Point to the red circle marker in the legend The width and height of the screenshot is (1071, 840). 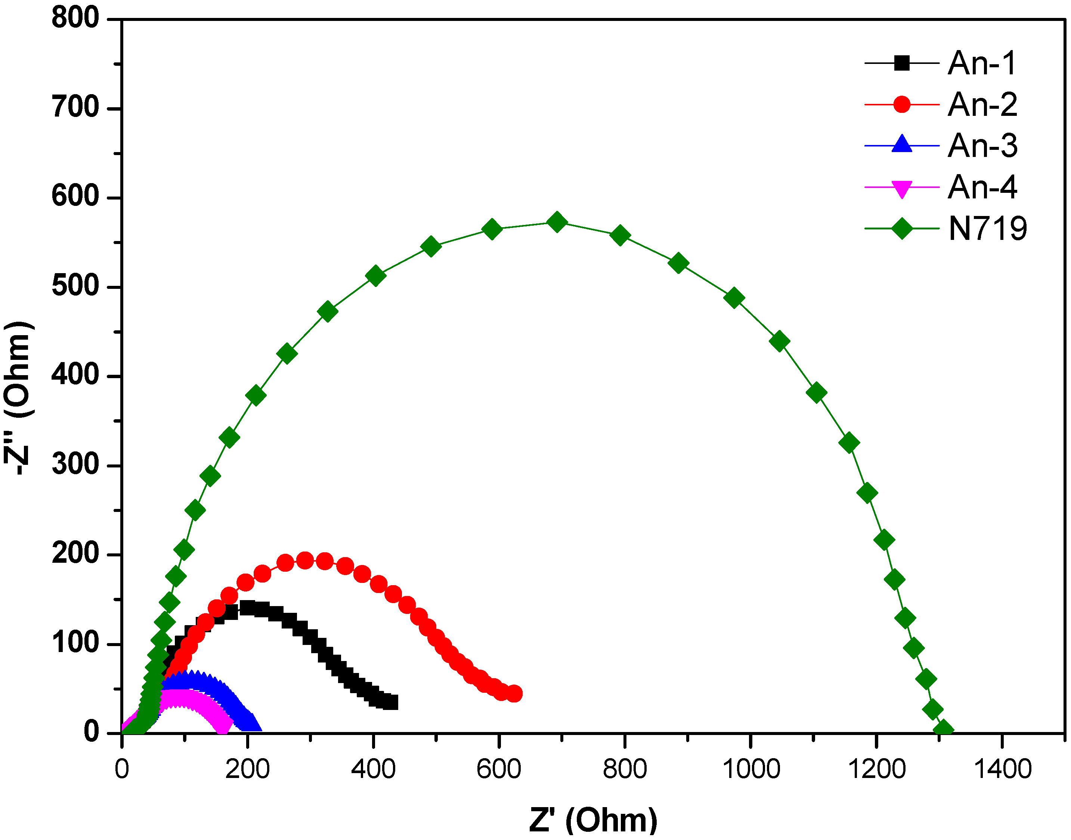click(x=902, y=104)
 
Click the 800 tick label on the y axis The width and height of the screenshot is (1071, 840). click(x=75, y=18)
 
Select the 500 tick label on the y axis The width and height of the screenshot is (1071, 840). click(x=75, y=286)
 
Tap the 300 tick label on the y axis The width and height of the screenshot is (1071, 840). click(x=75, y=465)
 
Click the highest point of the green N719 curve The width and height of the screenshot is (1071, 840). click(x=557, y=222)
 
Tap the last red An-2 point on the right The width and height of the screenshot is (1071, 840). click(x=514, y=694)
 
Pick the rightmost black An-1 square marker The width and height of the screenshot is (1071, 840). click(x=390, y=702)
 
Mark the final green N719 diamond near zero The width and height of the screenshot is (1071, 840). click(x=944, y=730)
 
